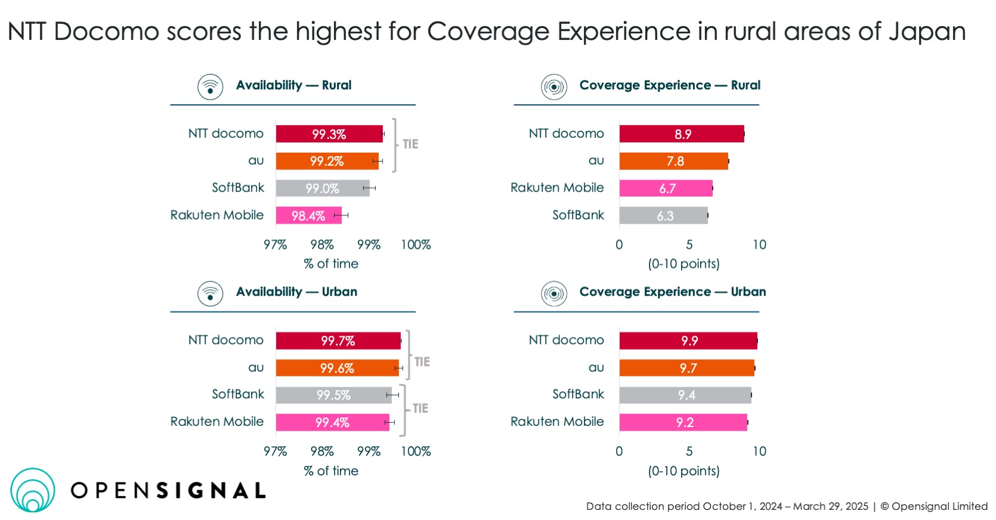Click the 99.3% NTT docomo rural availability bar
tap(329, 134)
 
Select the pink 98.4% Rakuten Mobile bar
tap(308, 215)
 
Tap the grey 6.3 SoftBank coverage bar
tap(663, 215)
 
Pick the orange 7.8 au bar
tap(673, 161)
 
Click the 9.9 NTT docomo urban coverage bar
tap(688, 341)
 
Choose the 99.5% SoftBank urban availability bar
tap(333, 395)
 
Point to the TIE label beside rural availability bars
tap(410, 144)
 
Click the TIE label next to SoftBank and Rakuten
tap(420, 408)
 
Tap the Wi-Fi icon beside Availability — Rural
tap(210, 87)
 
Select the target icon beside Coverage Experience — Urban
tap(554, 293)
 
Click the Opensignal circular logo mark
tap(33, 490)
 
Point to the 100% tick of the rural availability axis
tap(416, 244)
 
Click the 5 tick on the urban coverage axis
tap(689, 451)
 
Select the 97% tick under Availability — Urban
tap(275, 451)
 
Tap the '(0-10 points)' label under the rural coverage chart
tap(683, 264)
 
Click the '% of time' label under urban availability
tap(331, 471)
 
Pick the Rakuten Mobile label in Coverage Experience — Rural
tap(557, 188)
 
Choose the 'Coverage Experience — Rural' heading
tap(670, 85)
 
